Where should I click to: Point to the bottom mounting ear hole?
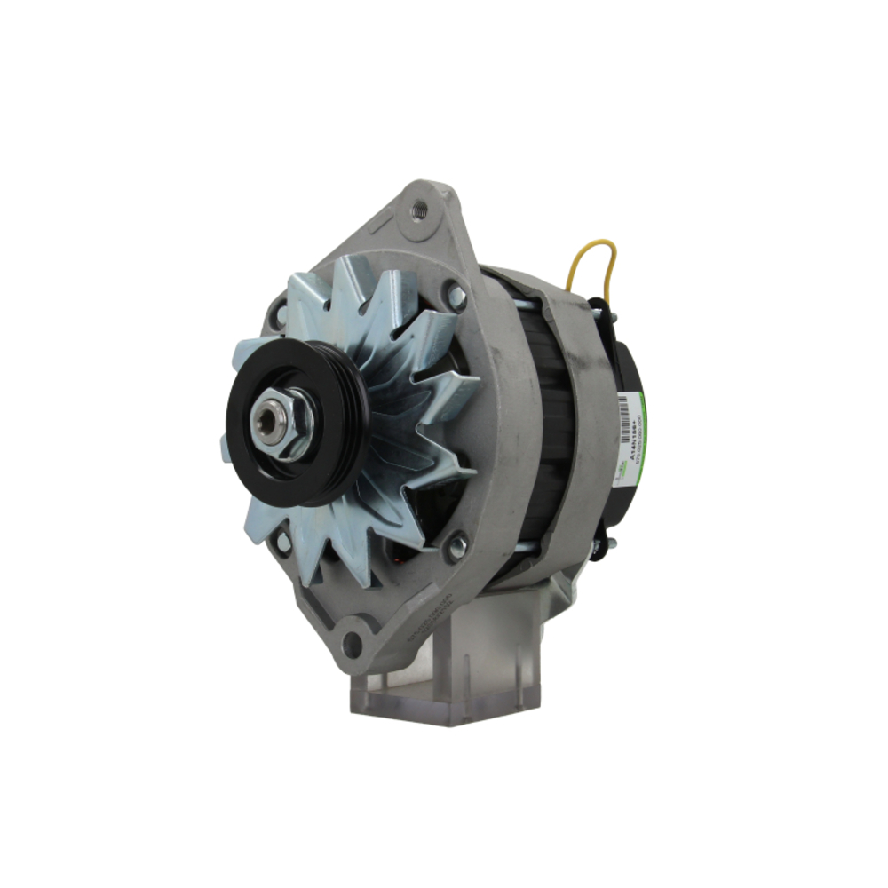tap(353, 644)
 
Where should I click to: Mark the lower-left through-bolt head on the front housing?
tap(282, 540)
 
